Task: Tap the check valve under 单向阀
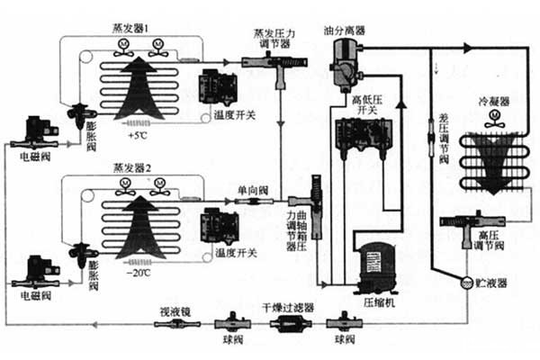(x=247, y=202)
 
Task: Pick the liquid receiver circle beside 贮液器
(x=467, y=282)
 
